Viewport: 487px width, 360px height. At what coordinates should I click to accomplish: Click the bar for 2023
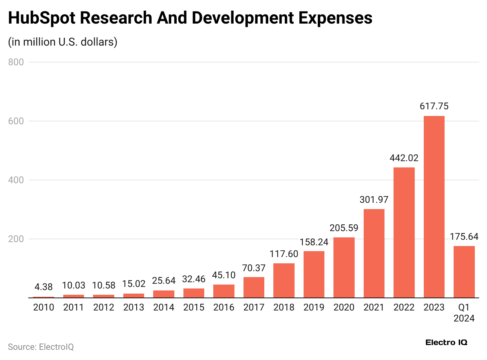click(x=434, y=207)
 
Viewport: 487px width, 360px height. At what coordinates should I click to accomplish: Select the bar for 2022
click(x=404, y=233)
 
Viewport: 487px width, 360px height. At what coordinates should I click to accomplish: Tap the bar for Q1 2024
click(x=464, y=272)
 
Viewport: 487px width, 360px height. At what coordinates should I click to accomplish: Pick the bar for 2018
click(x=284, y=281)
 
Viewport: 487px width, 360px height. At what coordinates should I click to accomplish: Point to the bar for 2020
click(x=344, y=268)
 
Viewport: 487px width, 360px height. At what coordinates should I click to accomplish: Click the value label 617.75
click(x=434, y=106)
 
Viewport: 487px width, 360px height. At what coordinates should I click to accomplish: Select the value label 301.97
click(x=374, y=199)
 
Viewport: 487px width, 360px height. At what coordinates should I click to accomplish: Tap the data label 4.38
click(x=43, y=287)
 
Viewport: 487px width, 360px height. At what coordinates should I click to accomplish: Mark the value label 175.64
click(x=464, y=237)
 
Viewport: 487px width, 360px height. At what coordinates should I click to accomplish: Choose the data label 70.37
click(x=254, y=268)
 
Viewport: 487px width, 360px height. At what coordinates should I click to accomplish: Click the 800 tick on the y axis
click(x=16, y=62)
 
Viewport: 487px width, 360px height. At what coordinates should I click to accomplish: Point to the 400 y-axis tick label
click(x=16, y=180)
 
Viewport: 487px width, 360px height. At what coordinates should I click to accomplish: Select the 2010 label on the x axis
click(x=43, y=307)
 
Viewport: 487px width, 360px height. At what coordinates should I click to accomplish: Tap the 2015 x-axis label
click(x=194, y=307)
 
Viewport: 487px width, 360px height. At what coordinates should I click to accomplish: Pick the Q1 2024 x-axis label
click(x=464, y=312)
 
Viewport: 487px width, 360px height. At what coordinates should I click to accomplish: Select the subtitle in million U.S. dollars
click(x=63, y=42)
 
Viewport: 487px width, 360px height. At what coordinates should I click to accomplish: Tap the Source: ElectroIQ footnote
click(x=41, y=347)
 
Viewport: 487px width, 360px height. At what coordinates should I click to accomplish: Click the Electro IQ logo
click(x=446, y=342)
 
